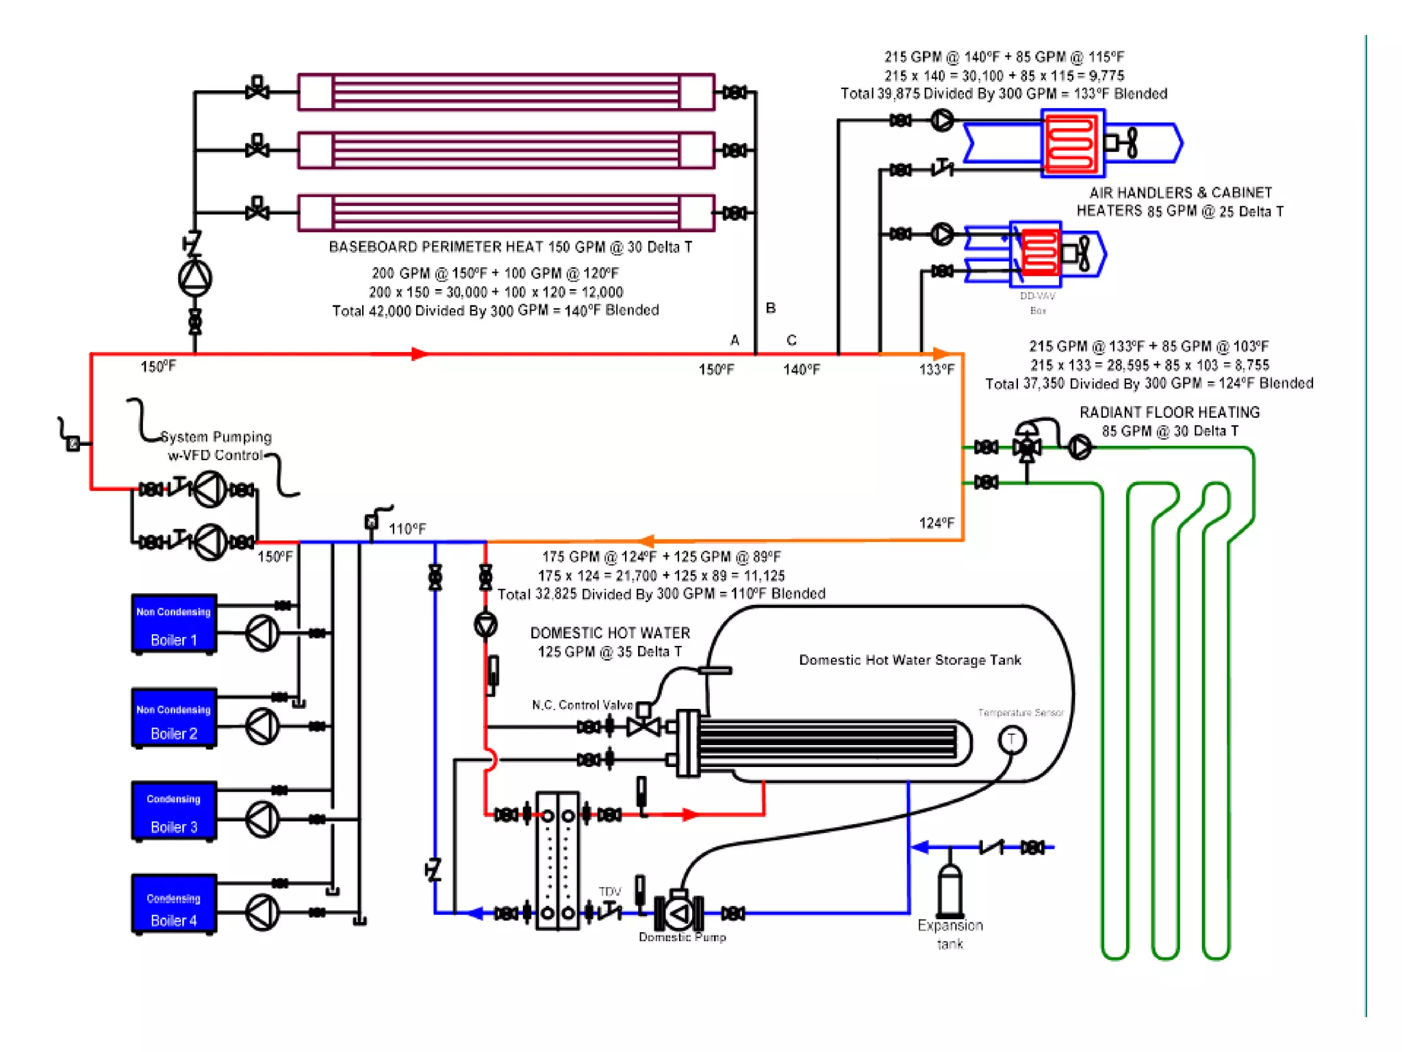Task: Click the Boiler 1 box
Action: click(x=174, y=624)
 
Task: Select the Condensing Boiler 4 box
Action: click(x=174, y=903)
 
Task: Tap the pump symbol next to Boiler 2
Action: click(x=262, y=726)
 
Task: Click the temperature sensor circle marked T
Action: click(x=1011, y=740)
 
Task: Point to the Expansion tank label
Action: click(x=950, y=934)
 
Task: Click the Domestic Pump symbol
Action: click(x=678, y=913)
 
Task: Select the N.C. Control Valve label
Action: click(x=582, y=705)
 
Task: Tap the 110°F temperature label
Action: click(x=407, y=529)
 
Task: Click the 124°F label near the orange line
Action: click(x=936, y=523)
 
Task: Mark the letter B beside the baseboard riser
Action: click(x=771, y=308)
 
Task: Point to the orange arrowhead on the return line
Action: click(x=646, y=541)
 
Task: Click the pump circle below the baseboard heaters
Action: click(x=195, y=278)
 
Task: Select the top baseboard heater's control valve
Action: click(x=257, y=88)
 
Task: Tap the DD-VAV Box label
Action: click(x=1038, y=303)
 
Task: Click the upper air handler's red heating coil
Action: click(x=1071, y=143)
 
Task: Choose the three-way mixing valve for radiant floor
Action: click(x=1027, y=447)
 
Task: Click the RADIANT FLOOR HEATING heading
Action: click(x=1169, y=412)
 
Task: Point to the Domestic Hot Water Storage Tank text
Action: click(x=910, y=660)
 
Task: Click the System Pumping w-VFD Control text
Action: click(x=216, y=446)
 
